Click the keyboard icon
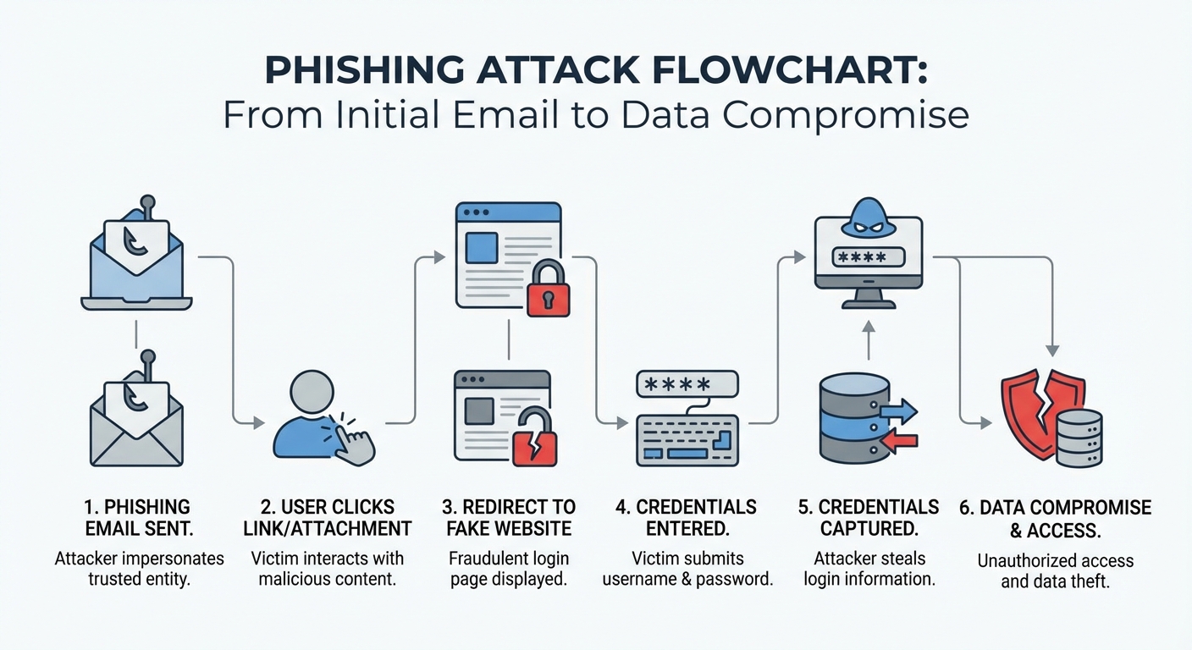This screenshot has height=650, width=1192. pyautogui.click(x=687, y=439)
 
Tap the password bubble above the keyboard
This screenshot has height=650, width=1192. pyautogui.click(x=687, y=383)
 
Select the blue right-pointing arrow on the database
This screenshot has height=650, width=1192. pyautogui.click(x=897, y=412)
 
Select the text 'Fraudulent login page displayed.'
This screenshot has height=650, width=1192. pyautogui.click(x=508, y=570)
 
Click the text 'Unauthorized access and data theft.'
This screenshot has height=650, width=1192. pyautogui.click(x=1055, y=571)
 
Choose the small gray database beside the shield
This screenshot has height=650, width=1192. pyautogui.click(x=1079, y=438)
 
